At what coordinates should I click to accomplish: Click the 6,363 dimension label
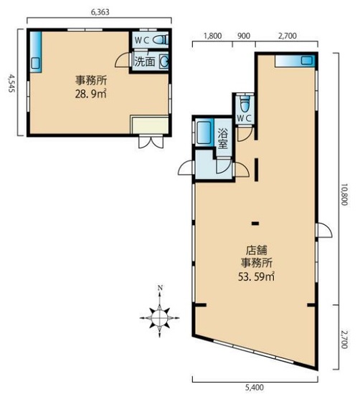(x=100, y=11)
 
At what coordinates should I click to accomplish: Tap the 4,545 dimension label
(x=11, y=82)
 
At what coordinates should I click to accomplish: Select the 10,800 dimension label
(x=344, y=194)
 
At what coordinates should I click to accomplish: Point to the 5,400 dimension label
(x=255, y=388)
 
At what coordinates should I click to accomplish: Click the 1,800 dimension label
(x=212, y=36)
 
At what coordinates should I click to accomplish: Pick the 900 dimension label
(x=244, y=36)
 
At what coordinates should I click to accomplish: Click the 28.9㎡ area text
(x=90, y=94)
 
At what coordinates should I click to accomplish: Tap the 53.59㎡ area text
(x=256, y=277)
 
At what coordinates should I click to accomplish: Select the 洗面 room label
(x=144, y=62)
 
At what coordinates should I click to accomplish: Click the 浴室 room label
(x=222, y=138)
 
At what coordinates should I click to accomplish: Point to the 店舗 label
(x=256, y=250)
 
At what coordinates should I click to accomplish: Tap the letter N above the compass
(x=159, y=288)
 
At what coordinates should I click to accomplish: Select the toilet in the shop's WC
(x=244, y=105)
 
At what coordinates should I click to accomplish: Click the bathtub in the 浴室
(x=204, y=133)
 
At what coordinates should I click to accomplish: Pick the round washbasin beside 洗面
(x=164, y=61)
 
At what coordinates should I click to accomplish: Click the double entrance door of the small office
(x=151, y=143)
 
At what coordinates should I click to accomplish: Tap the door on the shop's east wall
(x=325, y=230)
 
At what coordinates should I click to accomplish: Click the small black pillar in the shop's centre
(x=255, y=223)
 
